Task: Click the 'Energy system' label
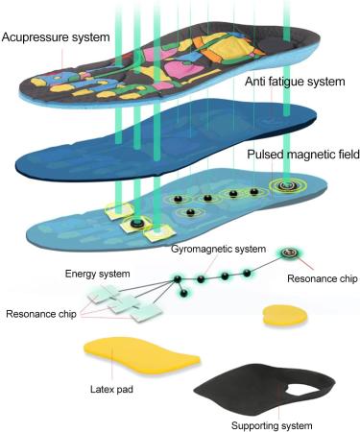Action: tap(92, 274)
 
